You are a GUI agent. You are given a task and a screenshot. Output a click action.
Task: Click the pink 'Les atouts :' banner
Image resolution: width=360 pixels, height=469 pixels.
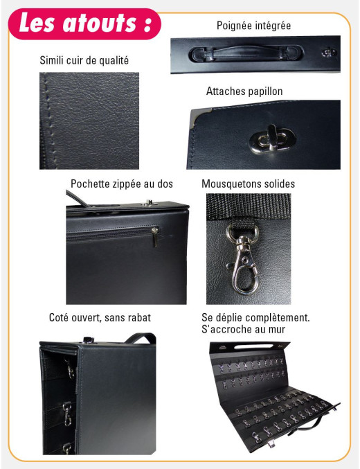[x=84, y=24]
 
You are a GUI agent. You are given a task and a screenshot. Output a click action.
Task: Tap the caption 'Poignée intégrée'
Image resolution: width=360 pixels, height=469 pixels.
[x=253, y=26]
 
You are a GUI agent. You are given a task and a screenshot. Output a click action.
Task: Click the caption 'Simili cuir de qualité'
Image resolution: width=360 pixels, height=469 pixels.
[x=84, y=60]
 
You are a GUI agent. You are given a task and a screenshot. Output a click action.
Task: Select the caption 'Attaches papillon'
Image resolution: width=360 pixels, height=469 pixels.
[x=244, y=91]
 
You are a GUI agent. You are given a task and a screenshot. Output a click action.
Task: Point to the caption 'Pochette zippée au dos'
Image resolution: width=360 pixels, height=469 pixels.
[x=122, y=184]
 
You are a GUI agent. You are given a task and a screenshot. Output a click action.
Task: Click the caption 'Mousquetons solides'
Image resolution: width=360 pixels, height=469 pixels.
[x=248, y=184]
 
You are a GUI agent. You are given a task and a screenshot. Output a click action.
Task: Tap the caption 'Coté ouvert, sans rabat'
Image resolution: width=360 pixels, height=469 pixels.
[x=100, y=317]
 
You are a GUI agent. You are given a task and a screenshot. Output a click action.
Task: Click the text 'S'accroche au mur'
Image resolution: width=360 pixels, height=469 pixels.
[x=243, y=329]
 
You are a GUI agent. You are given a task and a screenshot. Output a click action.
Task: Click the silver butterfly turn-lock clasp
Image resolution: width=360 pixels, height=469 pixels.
[x=272, y=139]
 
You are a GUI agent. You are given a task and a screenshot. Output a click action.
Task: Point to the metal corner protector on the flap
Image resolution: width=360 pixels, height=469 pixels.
[x=197, y=118]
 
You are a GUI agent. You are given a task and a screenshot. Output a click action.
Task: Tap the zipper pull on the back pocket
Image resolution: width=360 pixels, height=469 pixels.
[x=154, y=237]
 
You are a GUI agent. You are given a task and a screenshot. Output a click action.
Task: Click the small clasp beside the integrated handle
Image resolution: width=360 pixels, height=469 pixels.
[x=329, y=53]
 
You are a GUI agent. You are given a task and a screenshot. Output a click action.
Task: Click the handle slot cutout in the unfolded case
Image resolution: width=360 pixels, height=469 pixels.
[x=254, y=346]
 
